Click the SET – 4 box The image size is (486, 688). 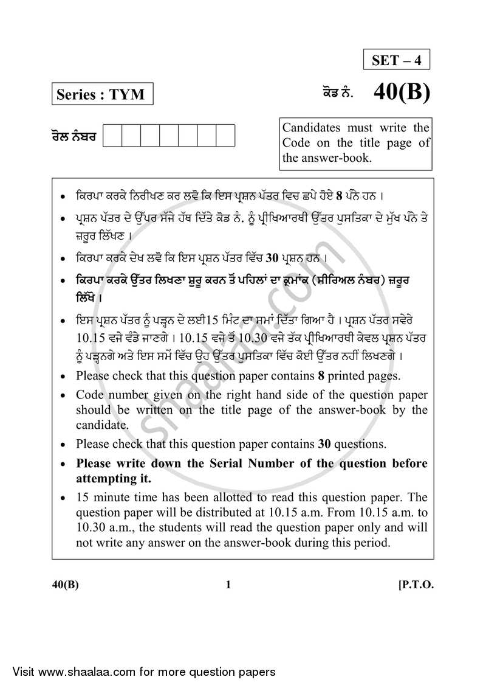(397, 60)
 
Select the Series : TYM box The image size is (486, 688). (101, 94)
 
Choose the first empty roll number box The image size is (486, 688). (112, 136)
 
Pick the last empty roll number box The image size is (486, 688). (225, 136)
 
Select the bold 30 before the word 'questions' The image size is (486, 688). (329, 444)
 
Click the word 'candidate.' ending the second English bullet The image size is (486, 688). (102, 425)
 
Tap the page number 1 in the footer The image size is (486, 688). (228, 585)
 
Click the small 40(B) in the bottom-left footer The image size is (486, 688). (65, 585)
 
